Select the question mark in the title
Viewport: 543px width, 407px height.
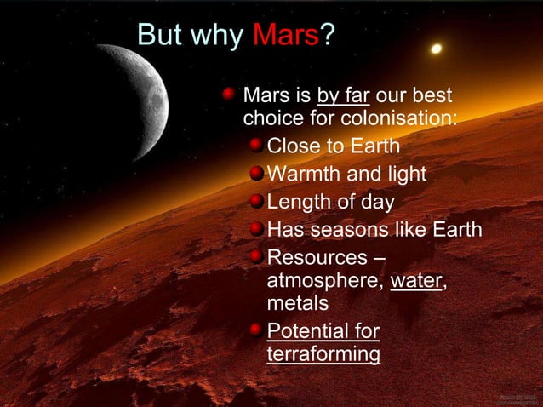click(326, 35)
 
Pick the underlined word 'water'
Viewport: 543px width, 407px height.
click(415, 280)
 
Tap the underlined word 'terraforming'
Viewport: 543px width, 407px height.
click(323, 353)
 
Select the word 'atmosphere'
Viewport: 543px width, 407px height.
click(324, 280)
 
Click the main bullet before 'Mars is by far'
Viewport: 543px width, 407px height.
click(229, 94)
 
